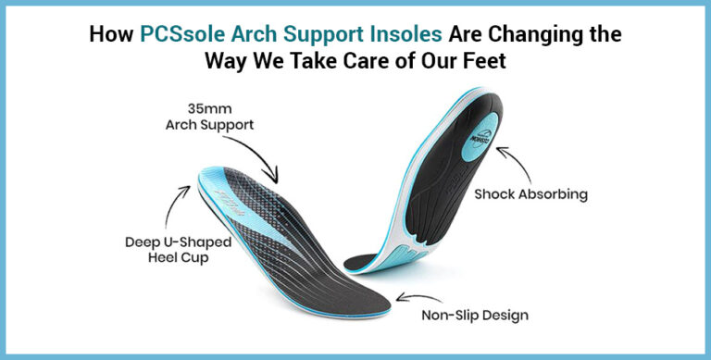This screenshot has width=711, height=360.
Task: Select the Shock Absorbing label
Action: [530, 194]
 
